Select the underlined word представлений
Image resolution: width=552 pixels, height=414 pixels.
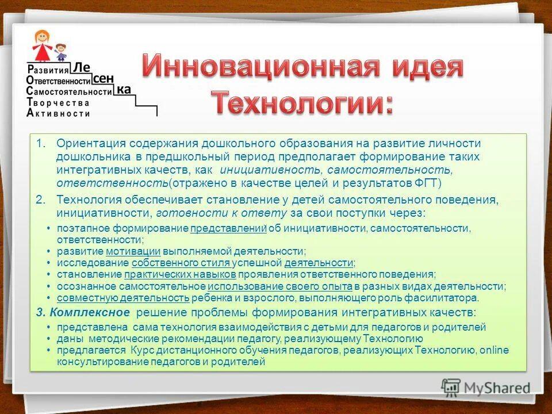coord(228,229)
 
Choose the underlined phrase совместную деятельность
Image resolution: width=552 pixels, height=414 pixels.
coord(123,297)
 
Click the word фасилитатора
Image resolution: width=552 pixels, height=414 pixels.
coord(446,297)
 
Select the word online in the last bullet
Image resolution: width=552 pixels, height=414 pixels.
coord(494,350)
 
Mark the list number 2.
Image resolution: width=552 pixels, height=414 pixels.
coord(40,200)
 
